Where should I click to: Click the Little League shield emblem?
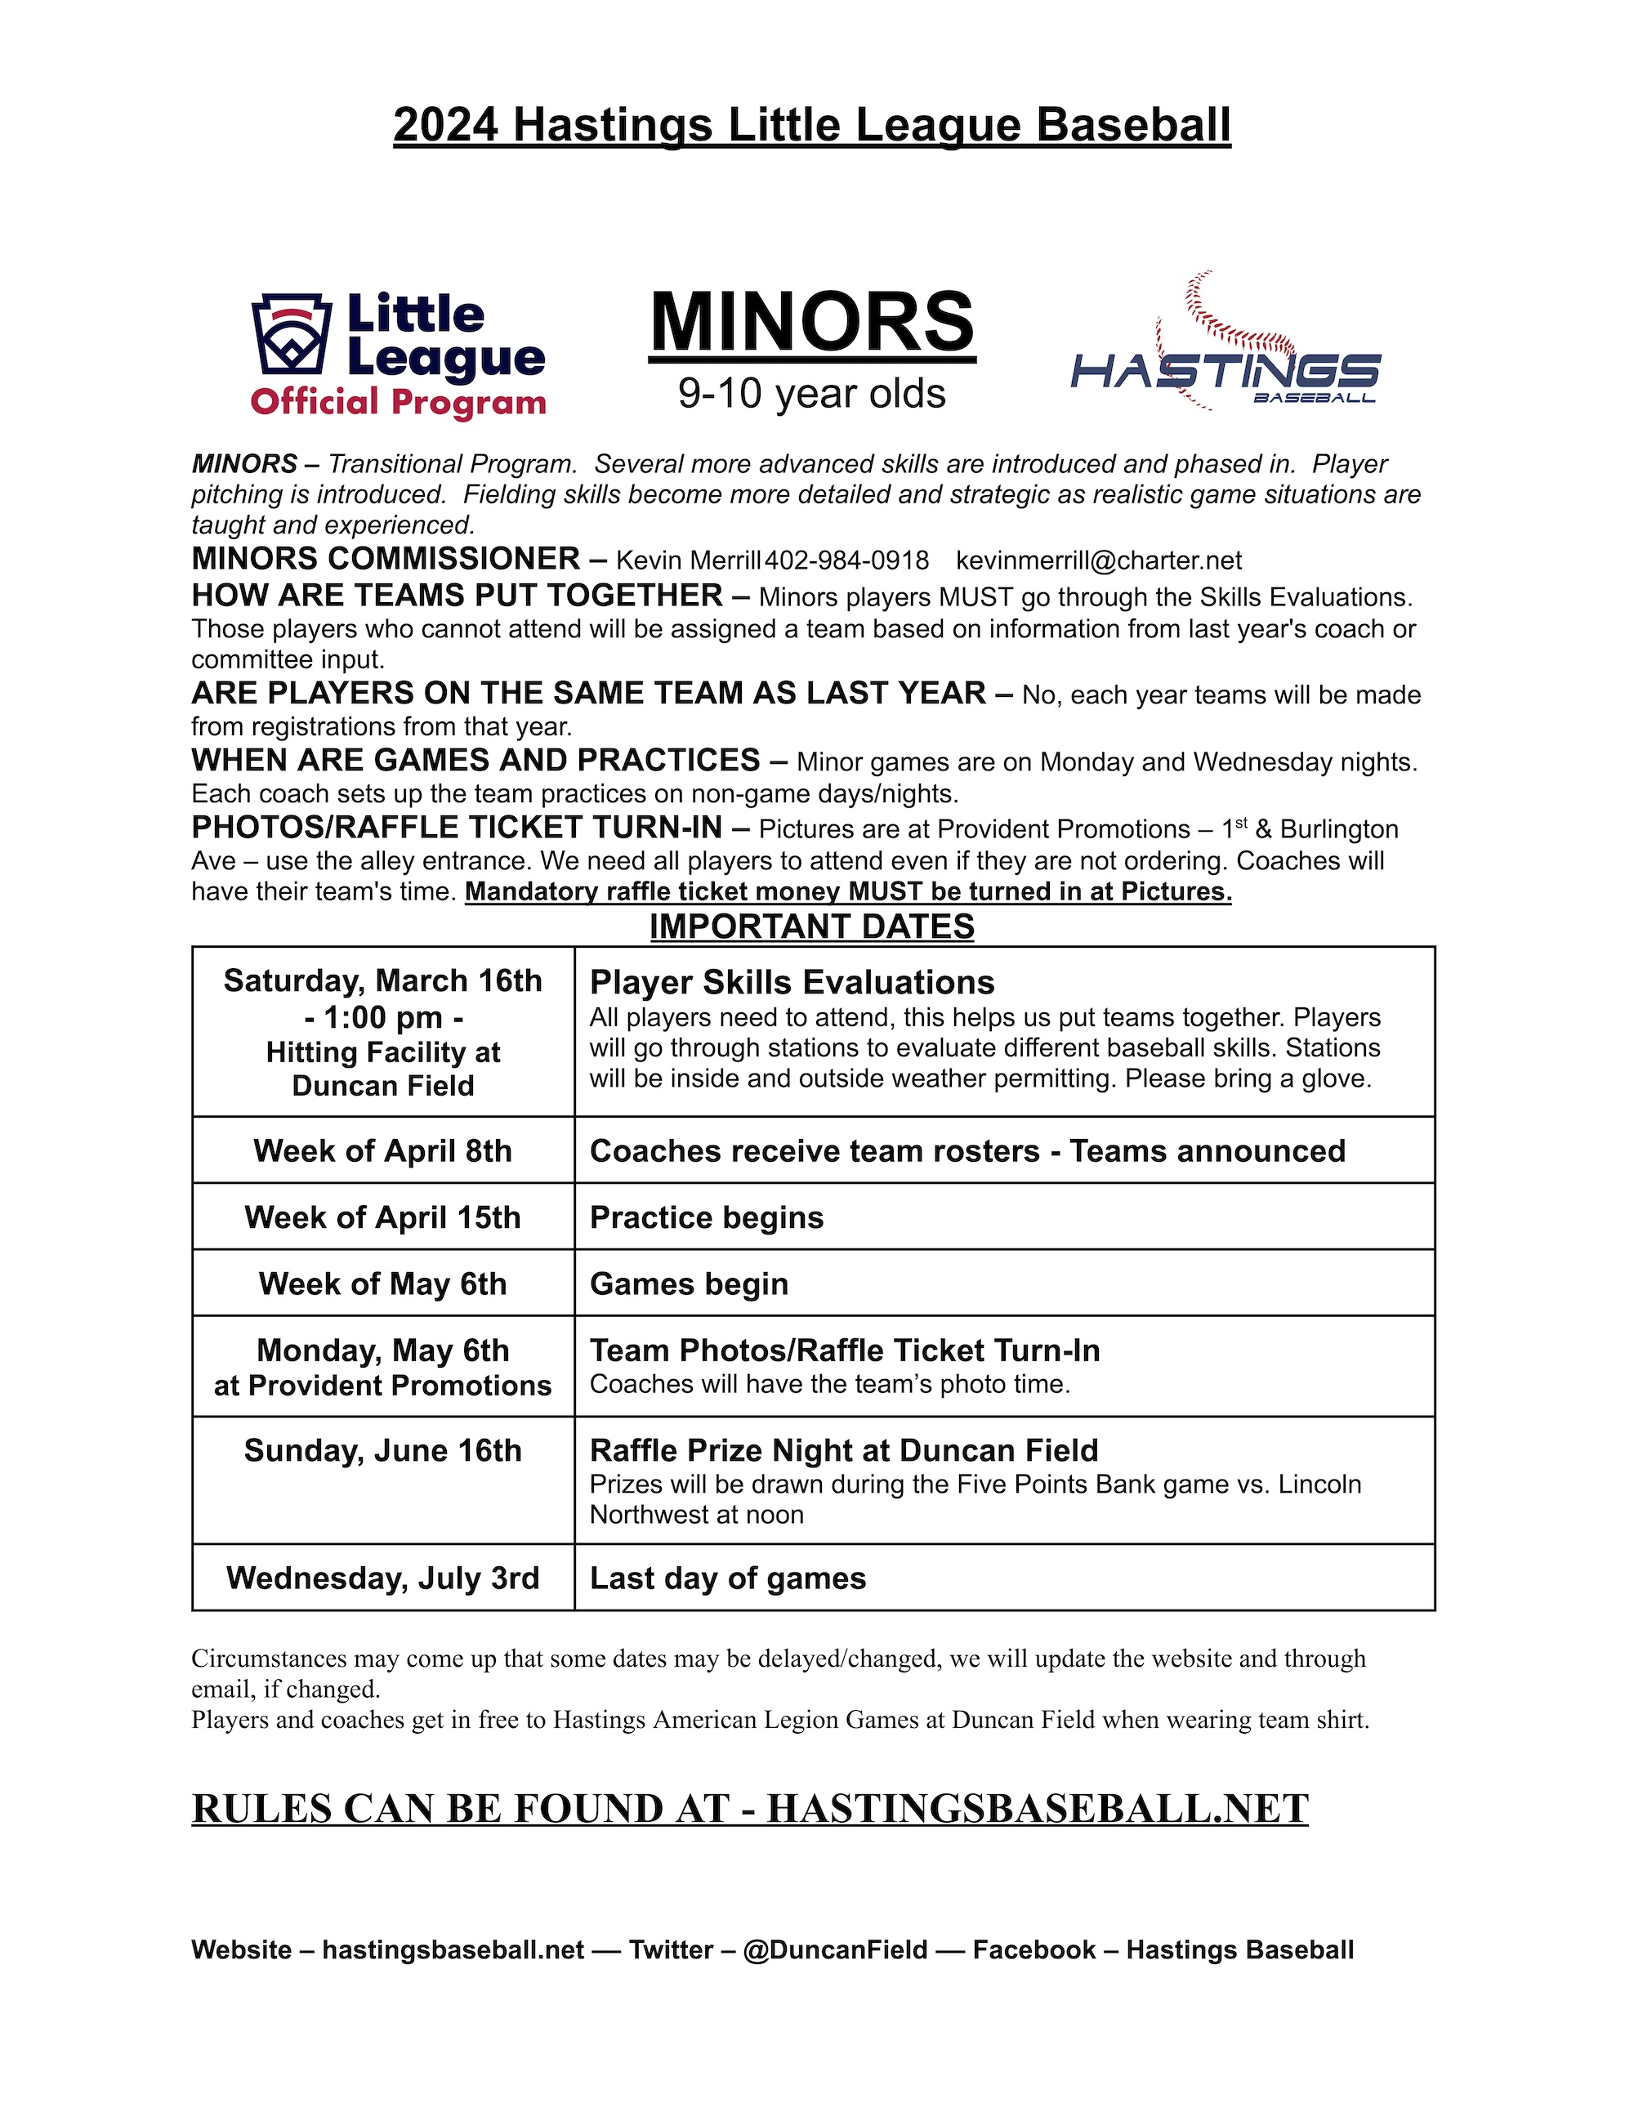[292, 333]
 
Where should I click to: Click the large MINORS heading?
[812, 324]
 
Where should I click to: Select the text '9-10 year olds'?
[811, 394]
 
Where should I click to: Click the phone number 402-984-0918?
[847, 561]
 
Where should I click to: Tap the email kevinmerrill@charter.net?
[1098, 561]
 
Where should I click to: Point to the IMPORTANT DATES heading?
[811, 926]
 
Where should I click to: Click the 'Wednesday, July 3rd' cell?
[383, 1578]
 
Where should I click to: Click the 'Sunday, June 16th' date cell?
[383, 1451]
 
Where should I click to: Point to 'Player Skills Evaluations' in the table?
[792, 982]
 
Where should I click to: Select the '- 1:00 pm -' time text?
[383, 1017]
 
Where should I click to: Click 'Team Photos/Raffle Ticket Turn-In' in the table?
[844, 1351]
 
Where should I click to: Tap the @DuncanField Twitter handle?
[836, 1950]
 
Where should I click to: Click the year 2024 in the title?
[446, 125]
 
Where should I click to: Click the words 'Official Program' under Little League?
[398, 401]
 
